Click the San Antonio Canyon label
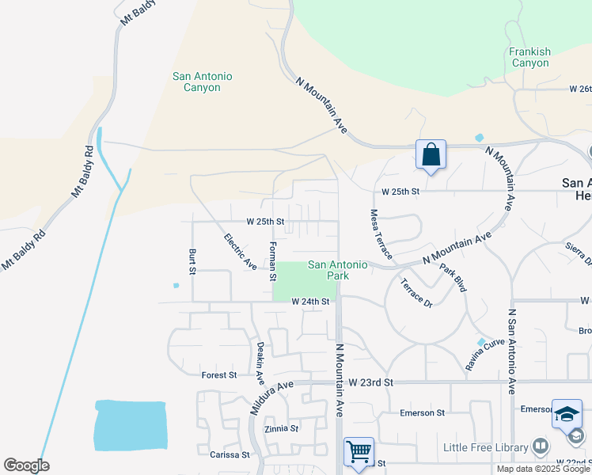pyautogui.click(x=203, y=82)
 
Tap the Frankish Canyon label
pyautogui.click(x=530, y=57)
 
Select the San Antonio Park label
pyautogui.click(x=338, y=271)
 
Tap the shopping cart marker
pyautogui.click(x=359, y=452)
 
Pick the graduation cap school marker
pyautogui.click(x=567, y=414)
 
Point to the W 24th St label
pyautogui.click(x=309, y=302)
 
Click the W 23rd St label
pyautogui.click(x=371, y=382)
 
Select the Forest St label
pyautogui.click(x=219, y=375)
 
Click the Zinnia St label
pyautogui.click(x=283, y=428)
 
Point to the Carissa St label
pyautogui.click(x=230, y=455)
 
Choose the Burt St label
pyautogui.click(x=192, y=260)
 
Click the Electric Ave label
pyautogui.click(x=240, y=249)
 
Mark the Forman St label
pyautogui.click(x=272, y=261)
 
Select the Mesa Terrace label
pyautogui.click(x=381, y=234)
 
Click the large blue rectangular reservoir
pyautogui.click(x=131, y=424)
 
